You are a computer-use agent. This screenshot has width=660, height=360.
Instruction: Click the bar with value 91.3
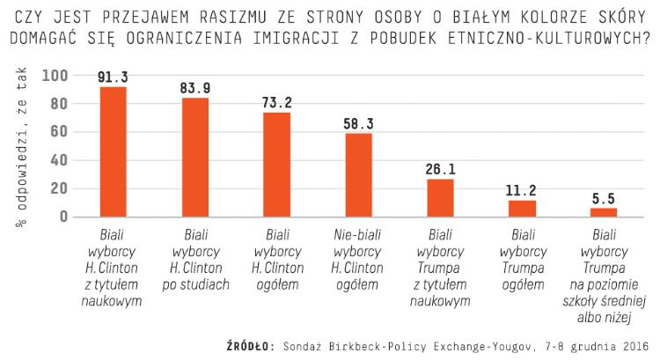point(114,151)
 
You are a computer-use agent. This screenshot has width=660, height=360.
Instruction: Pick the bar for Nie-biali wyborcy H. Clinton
point(358,175)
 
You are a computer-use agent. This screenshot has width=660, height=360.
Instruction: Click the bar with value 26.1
point(440,198)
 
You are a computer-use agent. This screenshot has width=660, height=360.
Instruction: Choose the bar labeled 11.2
point(522,209)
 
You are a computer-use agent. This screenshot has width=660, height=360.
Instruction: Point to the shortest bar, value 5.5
point(604,212)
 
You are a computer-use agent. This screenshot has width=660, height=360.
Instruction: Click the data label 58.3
point(358,124)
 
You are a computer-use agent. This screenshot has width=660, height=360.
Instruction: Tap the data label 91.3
point(114,77)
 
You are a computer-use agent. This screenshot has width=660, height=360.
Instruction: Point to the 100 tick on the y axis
point(55,76)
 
